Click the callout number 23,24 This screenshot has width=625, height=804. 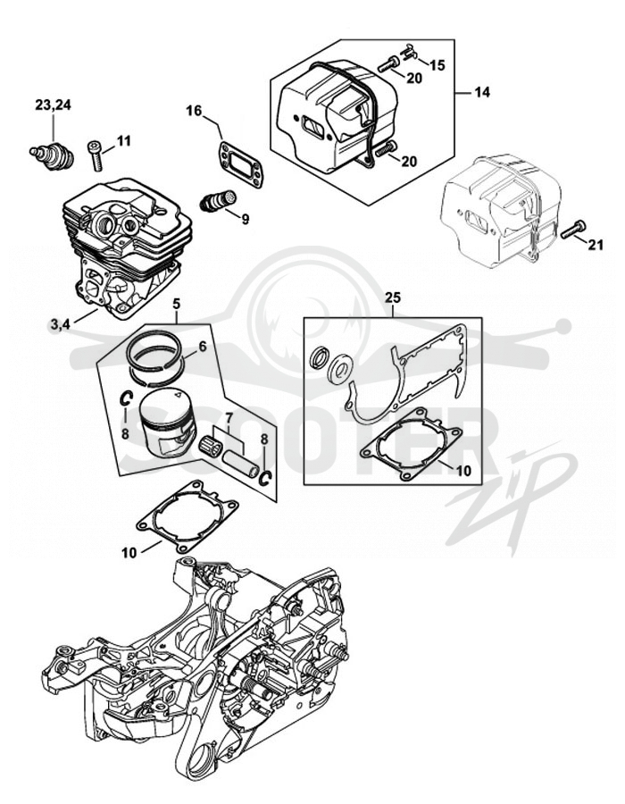click(54, 105)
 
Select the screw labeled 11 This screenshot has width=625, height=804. click(96, 155)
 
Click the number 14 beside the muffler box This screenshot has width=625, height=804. click(481, 92)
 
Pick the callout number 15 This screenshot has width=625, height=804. click(437, 65)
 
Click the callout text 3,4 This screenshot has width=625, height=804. click(60, 324)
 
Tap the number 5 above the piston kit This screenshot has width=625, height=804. click(176, 304)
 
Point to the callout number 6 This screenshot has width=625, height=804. click(203, 347)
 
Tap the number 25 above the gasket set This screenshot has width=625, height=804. click(393, 297)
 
